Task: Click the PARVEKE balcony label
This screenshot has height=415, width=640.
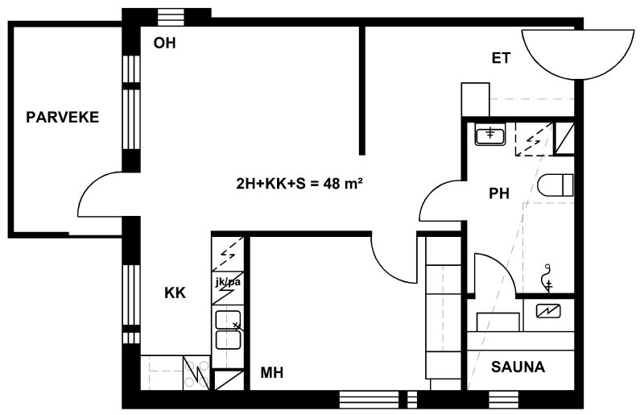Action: tap(63, 117)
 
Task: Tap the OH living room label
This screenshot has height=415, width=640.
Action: tap(164, 43)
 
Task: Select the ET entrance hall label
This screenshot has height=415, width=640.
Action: tap(501, 58)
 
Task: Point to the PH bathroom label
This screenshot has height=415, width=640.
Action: tap(499, 193)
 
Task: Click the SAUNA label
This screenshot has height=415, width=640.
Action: tap(518, 367)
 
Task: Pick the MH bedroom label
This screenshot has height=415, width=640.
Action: tap(272, 372)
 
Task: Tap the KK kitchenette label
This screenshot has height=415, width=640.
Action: tap(175, 293)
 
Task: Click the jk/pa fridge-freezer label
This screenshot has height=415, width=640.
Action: tap(228, 282)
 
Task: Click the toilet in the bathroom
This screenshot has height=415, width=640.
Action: tap(555, 185)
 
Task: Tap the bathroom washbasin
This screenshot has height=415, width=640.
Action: tap(490, 135)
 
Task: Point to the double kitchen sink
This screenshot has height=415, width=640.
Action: tap(228, 330)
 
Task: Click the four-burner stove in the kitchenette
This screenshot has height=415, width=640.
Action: tap(196, 372)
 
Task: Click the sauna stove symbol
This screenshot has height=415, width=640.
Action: tap(548, 311)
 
